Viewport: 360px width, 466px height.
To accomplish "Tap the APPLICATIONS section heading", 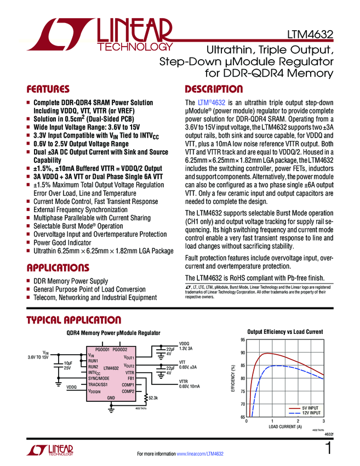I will tap(58, 268).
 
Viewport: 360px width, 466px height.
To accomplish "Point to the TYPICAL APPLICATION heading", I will tap(71, 320).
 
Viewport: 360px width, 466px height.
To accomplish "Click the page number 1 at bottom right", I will tap(328, 449).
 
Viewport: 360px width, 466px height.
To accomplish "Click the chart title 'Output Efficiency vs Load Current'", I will tap(285, 332).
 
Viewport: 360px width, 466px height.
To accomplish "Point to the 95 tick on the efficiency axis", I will tap(242, 340).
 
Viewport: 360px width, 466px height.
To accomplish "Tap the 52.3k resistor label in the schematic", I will tap(153, 397).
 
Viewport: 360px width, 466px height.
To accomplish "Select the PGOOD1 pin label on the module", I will tap(102, 349).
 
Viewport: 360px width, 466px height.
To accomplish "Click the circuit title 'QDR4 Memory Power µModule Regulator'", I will tap(110, 333).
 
